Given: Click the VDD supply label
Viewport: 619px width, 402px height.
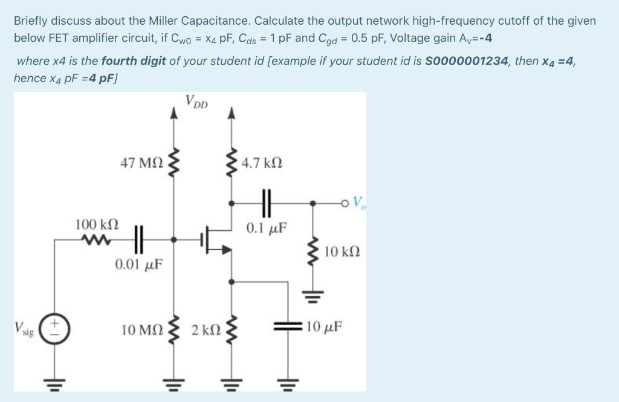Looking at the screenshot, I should point(196,102).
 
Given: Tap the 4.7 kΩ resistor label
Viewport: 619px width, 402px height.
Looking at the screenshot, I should point(261,163).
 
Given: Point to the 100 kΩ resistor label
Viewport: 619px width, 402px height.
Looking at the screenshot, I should point(97,224).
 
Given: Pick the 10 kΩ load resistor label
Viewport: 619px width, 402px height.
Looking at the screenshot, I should point(343,251).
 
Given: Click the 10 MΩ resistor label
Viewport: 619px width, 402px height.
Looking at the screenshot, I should point(142,330).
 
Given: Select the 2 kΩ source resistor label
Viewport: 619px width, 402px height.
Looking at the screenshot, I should point(206,330).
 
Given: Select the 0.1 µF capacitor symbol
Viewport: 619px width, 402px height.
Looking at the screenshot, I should point(266,203).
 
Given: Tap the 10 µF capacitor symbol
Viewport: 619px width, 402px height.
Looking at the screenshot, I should point(285,327).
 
